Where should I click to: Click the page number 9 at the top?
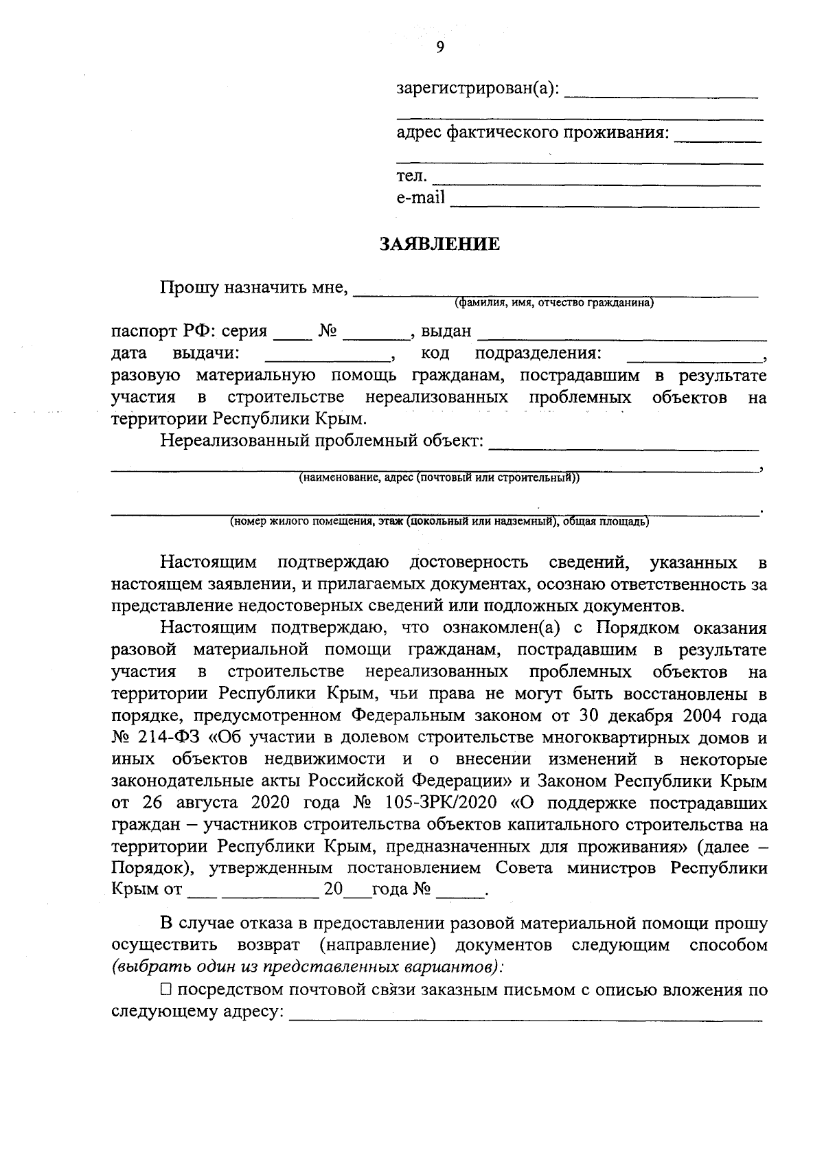(x=439, y=47)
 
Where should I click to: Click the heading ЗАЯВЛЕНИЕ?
(x=440, y=244)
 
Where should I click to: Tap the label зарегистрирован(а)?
(x=478, y=89)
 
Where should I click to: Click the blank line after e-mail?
(x=604, y=201)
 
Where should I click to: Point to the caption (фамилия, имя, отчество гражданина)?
(x=553, y=302)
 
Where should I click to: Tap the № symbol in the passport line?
(x=328, y=332)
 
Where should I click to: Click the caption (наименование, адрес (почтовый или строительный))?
(x=439, y=478)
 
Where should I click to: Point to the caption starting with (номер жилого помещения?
(x=439, y=521)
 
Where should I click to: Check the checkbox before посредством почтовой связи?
(x=166, y=990)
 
